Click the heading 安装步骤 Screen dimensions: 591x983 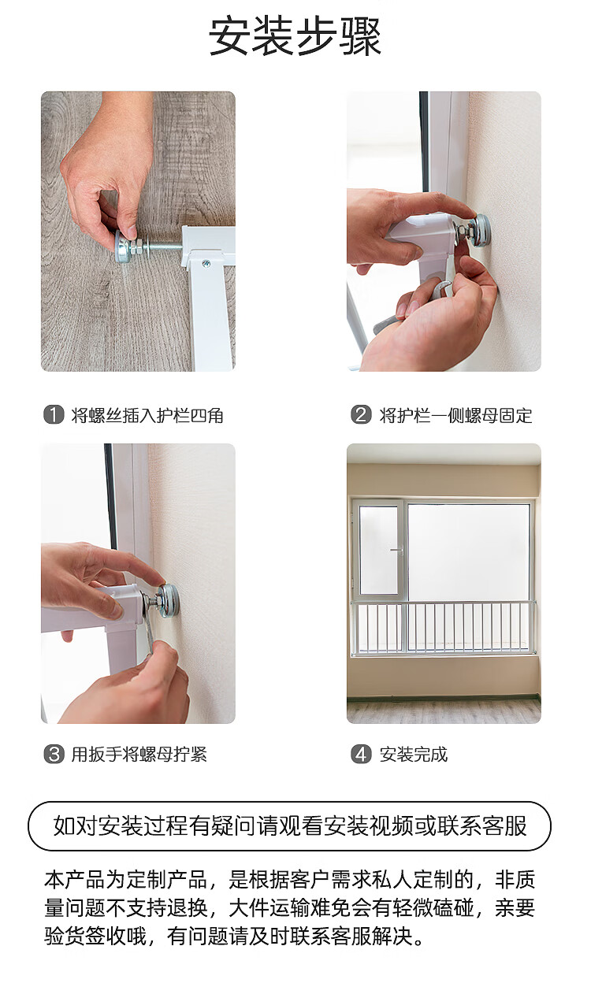tap(295, 36)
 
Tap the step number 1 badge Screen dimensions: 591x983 tap(54, 414)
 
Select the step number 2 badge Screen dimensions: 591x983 tap(361, 414)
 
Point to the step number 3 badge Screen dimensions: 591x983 tap(54, 754)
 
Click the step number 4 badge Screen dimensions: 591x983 tap(361, 754)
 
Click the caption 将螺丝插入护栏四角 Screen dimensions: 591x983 tap(147, 415)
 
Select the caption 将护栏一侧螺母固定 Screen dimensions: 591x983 tap(455, 415)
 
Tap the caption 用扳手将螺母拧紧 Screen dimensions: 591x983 tap(139, 755)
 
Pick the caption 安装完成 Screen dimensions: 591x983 tap(414, 755)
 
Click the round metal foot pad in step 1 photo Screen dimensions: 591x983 tap(122, 247)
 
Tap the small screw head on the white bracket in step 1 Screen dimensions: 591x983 tap(206, 263)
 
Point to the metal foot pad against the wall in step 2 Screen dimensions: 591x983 tap(481, 230)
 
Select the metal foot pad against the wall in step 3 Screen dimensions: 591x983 tap(169, 600)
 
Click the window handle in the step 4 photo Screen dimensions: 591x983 tap(396, 550)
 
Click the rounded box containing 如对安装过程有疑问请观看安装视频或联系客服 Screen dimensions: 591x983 tap(289, 826)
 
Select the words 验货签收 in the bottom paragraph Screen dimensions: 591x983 tap(85, 936)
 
